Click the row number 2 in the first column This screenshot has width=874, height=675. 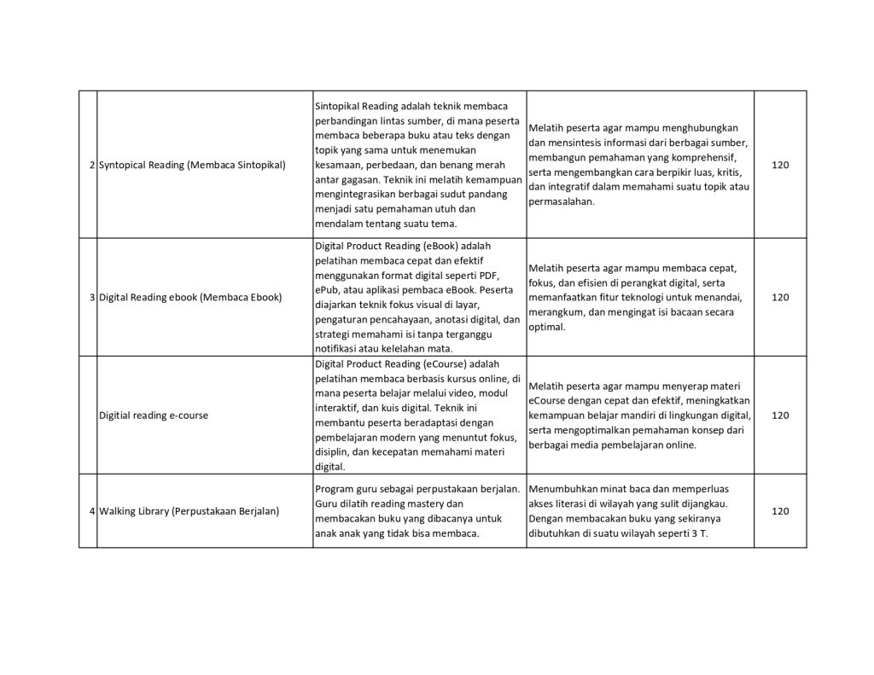click(x=91, y=165)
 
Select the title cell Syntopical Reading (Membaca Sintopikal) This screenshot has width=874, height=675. click(x=192, y=165)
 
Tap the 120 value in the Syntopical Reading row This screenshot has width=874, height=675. click(x=780, y=165)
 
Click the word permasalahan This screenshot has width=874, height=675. click(x=561, y=202)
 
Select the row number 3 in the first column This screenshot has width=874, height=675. click(x=91, y=298)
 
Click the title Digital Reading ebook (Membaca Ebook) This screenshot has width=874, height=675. click(x=189, y=298)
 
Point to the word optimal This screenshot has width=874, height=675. click(x=545, y=327)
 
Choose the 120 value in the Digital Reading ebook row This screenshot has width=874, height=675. click(x=780, y=298)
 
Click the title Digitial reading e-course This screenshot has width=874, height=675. click(x=154, y=416)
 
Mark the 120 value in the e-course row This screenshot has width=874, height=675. click(x=780, y=416)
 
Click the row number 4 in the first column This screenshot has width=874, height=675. click(x=91, y=511)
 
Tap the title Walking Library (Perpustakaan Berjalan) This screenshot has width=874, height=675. click(x=189, y=511)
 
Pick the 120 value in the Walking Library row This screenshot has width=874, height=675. click(x=780, y=511)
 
